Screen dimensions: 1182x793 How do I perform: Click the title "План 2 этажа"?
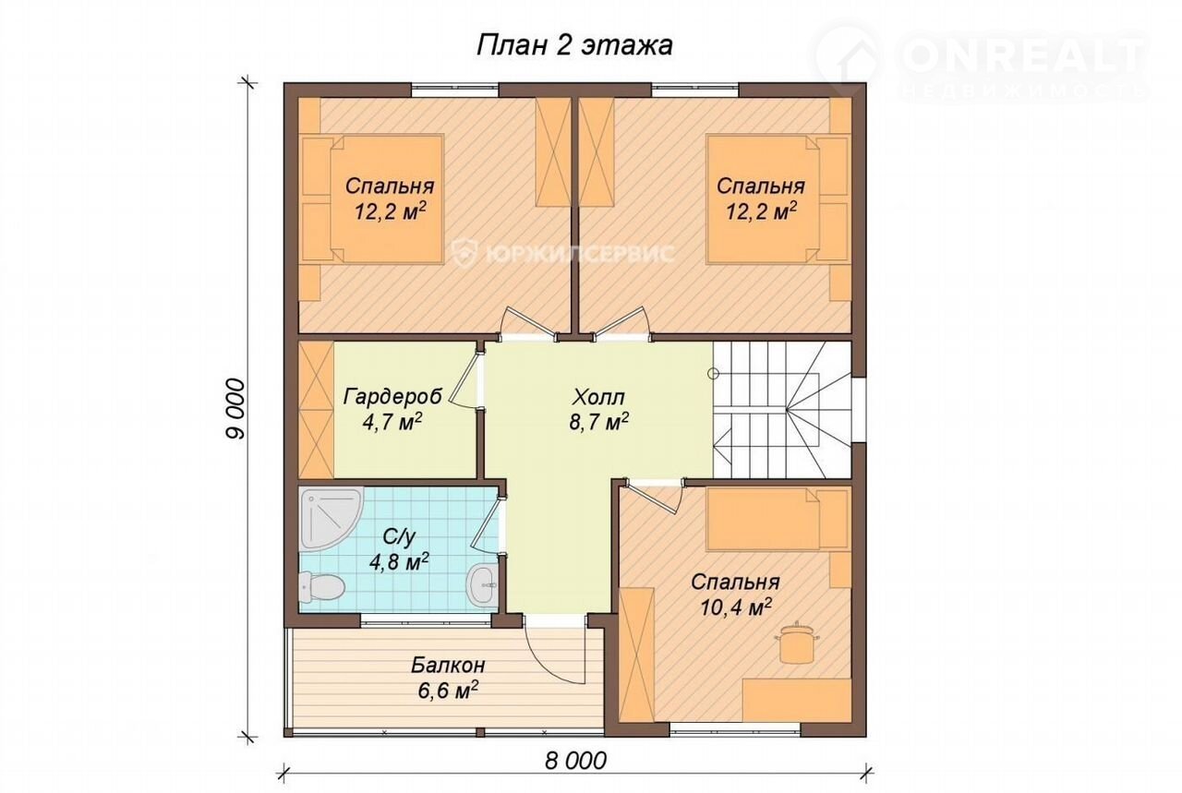[x=574, y=46]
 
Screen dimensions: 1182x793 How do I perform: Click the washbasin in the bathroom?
[x=482, y=584]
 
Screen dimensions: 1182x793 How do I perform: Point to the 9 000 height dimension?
[x=235, y=409]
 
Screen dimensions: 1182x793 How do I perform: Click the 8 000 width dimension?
[x=575, y=761]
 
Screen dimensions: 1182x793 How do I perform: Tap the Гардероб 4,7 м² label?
[x=392, y=409]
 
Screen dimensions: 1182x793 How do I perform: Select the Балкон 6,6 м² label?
[x=448, y=677]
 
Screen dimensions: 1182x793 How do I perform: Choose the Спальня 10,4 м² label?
[x=736, y=595]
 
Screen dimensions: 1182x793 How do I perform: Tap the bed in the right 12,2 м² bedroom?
[x=778, y=198]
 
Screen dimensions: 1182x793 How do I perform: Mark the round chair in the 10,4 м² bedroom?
[x=797, y=643]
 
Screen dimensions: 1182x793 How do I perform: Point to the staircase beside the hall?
[x=782, y=410]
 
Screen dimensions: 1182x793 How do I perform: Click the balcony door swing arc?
[x=554, y=666]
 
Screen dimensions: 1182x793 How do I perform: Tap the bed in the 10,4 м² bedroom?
[x=778, y=520]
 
